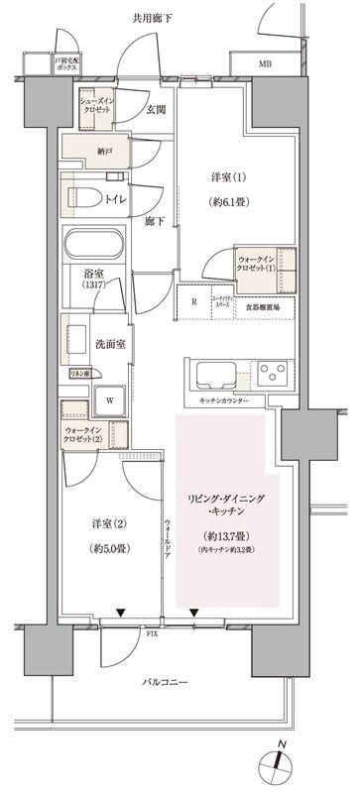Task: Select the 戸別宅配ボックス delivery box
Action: tap(66, 65)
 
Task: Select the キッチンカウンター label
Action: tap(223, 400)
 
